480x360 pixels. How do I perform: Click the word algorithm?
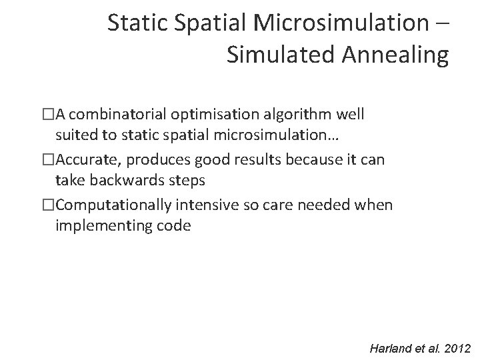(x=292, y=114)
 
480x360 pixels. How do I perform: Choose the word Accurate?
(x=84, y=161)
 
